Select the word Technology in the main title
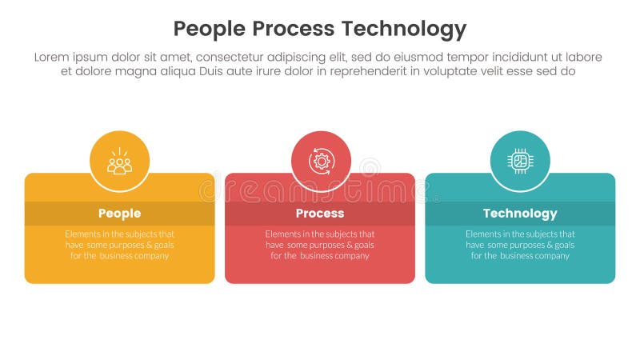[404, 30]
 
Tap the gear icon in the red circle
[321, 161]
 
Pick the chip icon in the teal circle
[520, 161]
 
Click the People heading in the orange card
[120, 214]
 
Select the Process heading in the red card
[320, 214]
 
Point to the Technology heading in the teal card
[520, 214]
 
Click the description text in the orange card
[120, 245]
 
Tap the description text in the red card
[320, 245]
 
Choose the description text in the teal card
[520, 245]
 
